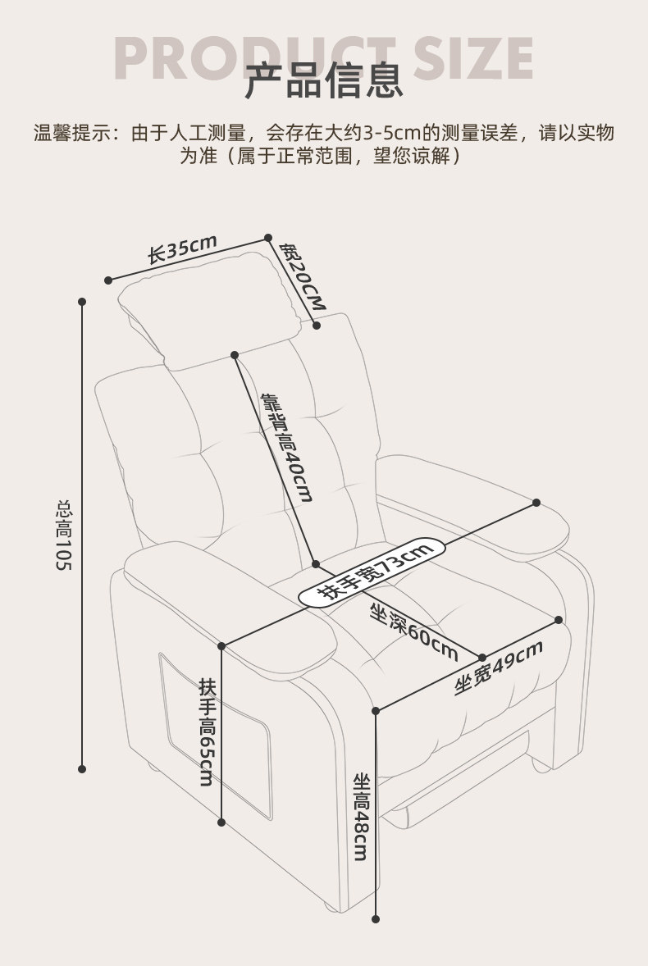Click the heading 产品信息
click(325, 80)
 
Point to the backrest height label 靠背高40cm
click(287, 448)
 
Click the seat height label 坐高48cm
click(361, 816)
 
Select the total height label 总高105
click(64, 537)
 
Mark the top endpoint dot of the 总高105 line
click(82, 302)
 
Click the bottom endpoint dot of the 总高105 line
click(82, 768)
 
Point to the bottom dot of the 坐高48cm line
click(376, 919)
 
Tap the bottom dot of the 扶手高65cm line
click(221, 821)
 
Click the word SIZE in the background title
click(472, 57)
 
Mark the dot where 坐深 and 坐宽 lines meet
click(482, 657)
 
